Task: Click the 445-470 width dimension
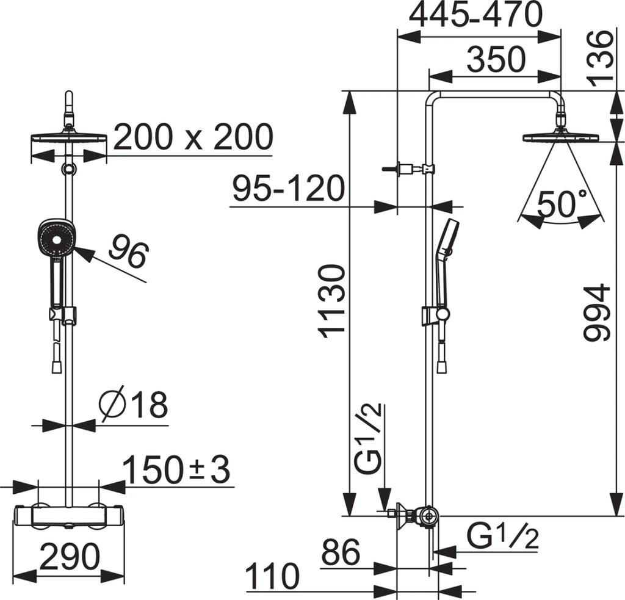click(476, 15)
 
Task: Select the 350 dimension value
click(496, 60)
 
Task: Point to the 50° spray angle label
click(562, 204)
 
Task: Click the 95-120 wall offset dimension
click(288, 189)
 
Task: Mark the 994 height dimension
click(597, 312)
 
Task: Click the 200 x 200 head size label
click(193, 137)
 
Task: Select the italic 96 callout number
click(129, 250)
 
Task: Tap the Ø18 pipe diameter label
click(134, 405)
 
